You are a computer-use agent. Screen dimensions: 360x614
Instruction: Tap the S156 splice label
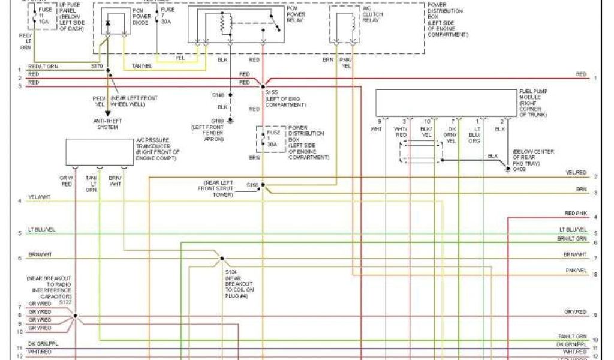(252, 185)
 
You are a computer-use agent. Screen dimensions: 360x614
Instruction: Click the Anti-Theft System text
(107, 123)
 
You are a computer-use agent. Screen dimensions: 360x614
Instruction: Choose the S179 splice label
(97, 66)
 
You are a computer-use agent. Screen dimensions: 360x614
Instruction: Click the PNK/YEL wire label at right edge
(576, 271)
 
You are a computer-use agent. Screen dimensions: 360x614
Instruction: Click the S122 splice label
(65, 302)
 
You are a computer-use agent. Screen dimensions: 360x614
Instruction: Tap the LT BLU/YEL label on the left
(42, 230)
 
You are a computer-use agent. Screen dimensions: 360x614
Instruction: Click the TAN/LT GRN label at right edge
(573, 337)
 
